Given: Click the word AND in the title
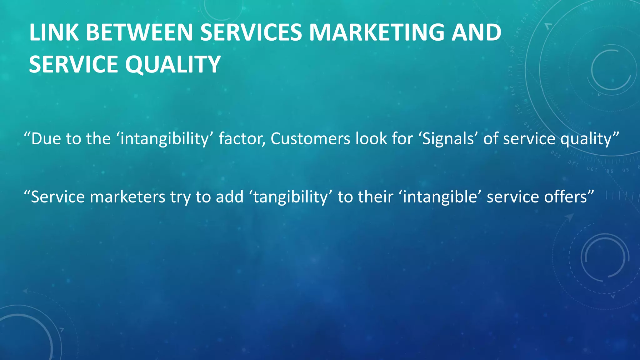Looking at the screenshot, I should (476, 32).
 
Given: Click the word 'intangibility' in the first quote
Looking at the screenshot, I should (164, 139).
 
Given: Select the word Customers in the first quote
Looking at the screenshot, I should (310, 139).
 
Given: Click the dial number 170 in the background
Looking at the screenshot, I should (510, 71).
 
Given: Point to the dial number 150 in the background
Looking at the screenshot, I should (517, 109).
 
